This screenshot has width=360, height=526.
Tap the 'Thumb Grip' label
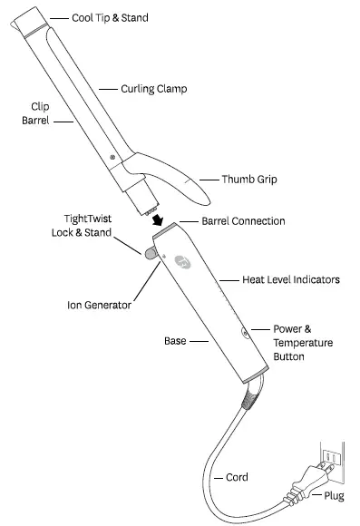coord(249,180)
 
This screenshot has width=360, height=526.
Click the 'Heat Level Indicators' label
coord(290,280)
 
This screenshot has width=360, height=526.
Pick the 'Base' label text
coord(174,342)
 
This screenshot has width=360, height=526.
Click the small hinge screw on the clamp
coord(112,158)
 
